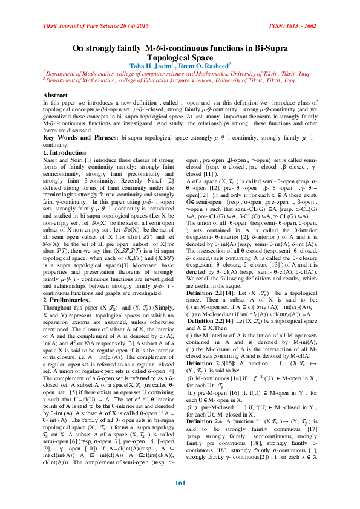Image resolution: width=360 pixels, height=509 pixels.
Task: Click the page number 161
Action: click(180, 482)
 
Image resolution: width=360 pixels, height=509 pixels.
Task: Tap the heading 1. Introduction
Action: click(65, 153)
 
